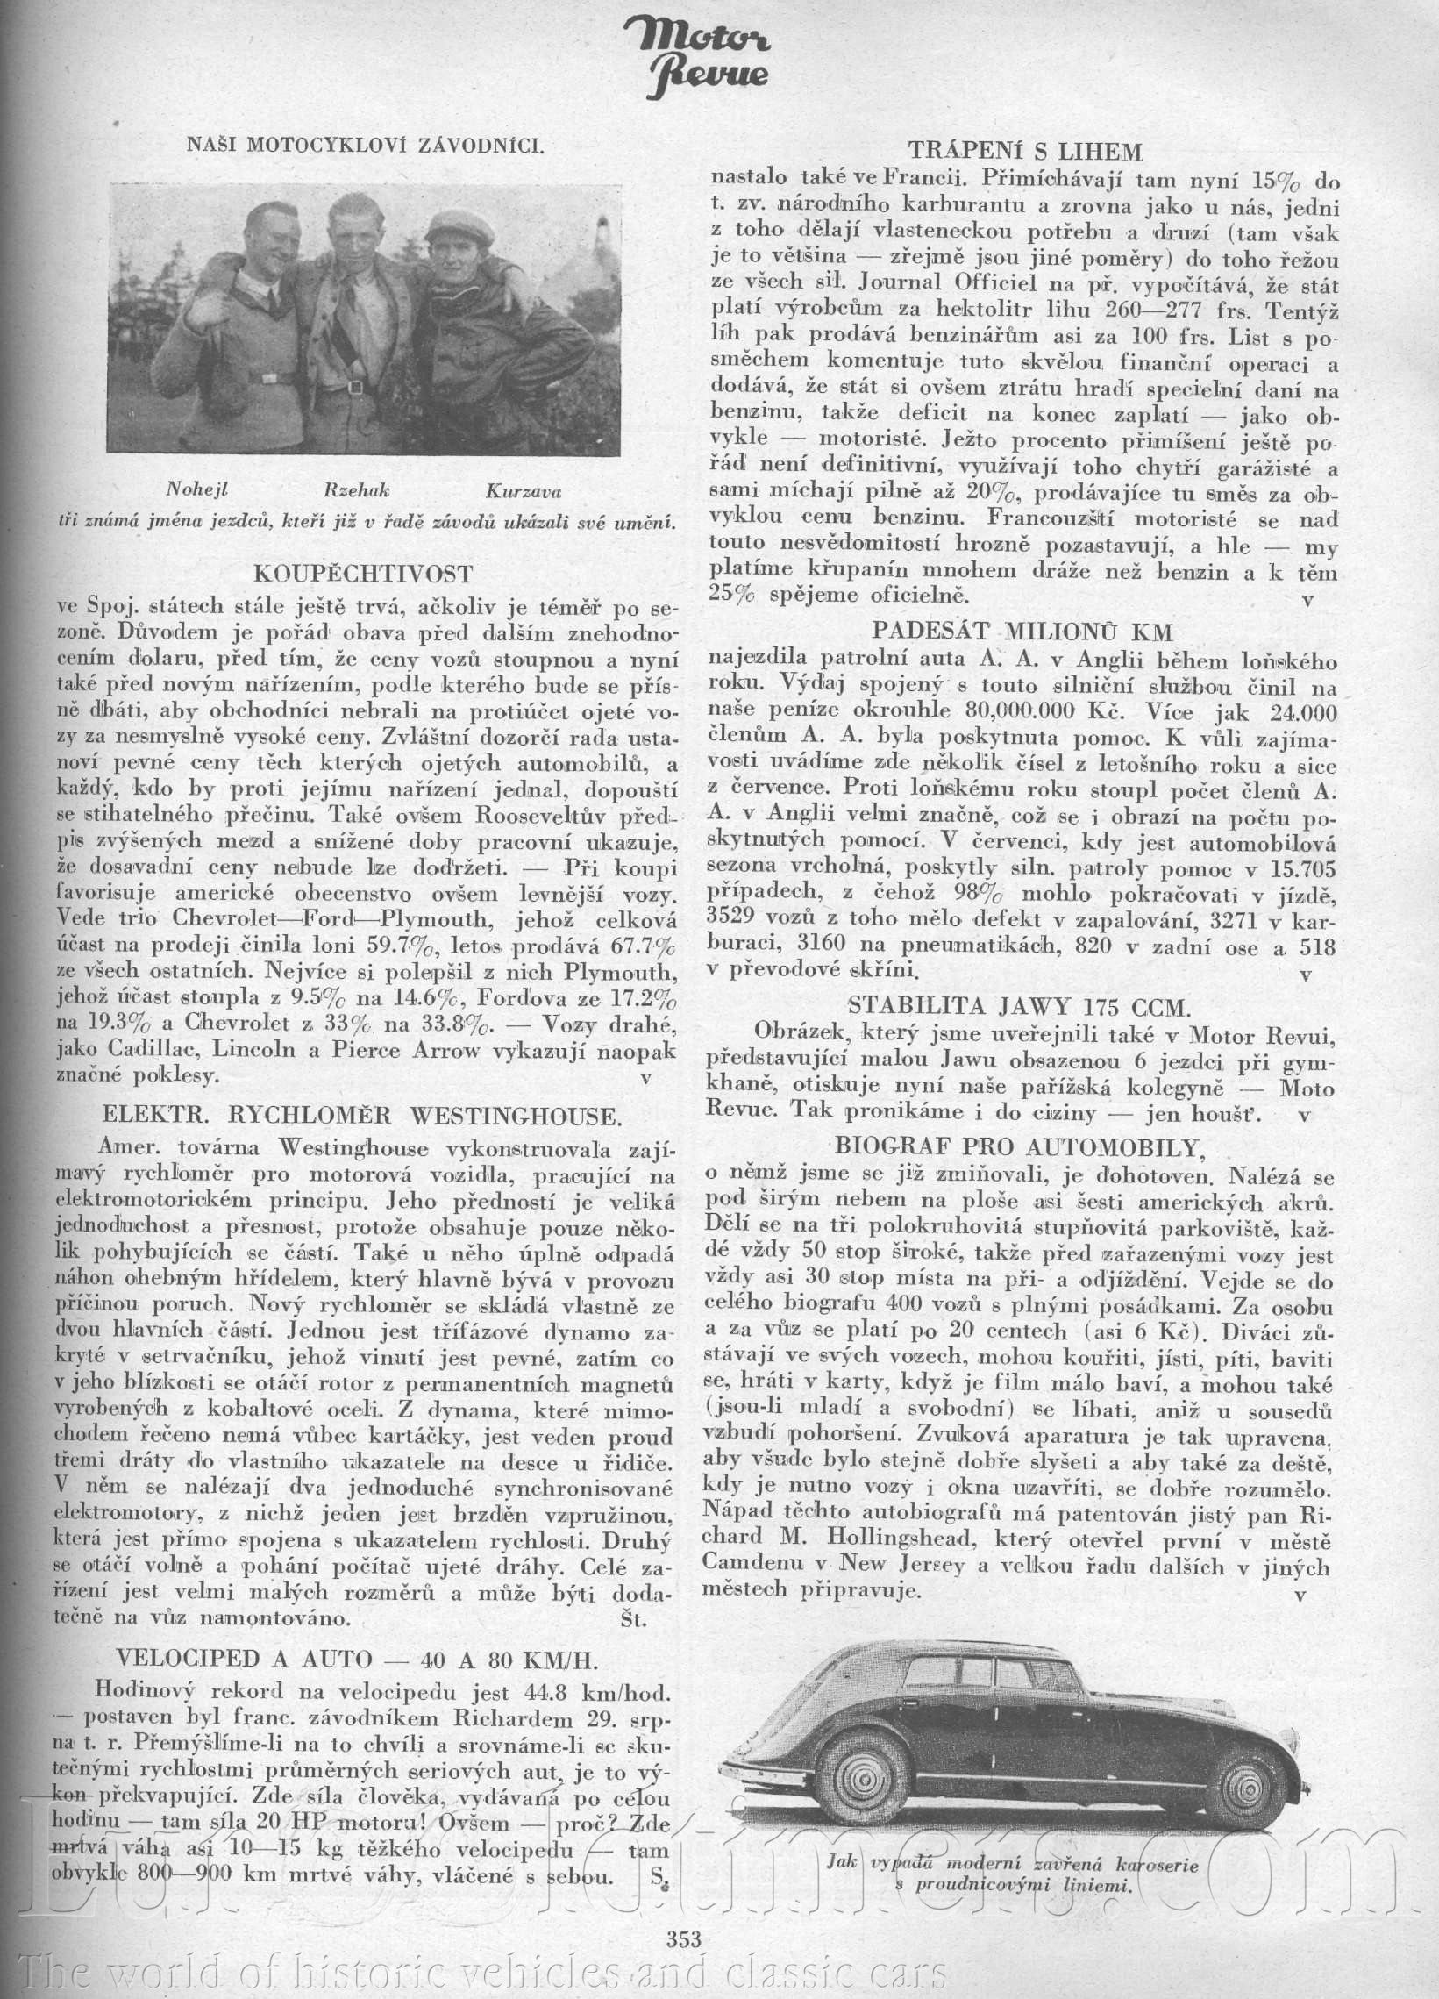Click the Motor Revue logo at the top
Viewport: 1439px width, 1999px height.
coord(709,57)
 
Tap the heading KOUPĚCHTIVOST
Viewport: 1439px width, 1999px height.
coord(362,575)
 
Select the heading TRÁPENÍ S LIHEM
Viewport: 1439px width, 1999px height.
coord(1025,153)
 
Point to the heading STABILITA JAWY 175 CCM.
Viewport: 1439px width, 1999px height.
coord(1020,1006)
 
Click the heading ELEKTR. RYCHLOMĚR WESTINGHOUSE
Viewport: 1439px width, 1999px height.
coord(362,1116)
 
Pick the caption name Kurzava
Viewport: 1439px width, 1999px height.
coord(523,491)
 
